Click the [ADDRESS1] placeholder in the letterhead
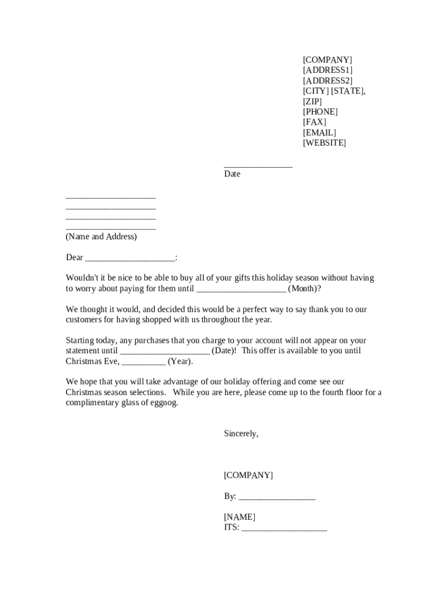pyautogui.click(x=328, y=70)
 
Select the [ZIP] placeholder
pyautogui.click(x=312, y=101)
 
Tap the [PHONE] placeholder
pyautogui.click(x=320, y=112)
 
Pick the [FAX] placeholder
pyautogui.click(x=315, y=122)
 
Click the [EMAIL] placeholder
pyautogui.click(x=319, y=133)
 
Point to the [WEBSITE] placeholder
pyautogui.click(x=324, y=143)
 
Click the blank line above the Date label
pyautogui.click(x=258, y=166)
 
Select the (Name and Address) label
pyautogui.click(x=101, y=237)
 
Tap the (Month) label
pyautogui.click(x=303, y=289)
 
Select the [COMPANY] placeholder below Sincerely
pyautogui.click(x=248, y=476)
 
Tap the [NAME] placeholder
pyautogui.click(x=240, y=517)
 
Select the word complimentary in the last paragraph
pyautogui.click(x=93, y=403)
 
